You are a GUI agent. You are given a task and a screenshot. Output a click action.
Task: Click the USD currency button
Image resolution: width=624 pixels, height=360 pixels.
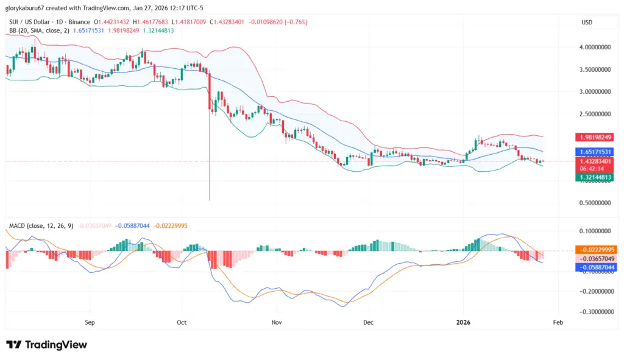[587, 23]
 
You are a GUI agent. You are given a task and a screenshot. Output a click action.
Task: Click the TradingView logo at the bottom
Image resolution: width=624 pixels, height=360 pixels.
[46, 345]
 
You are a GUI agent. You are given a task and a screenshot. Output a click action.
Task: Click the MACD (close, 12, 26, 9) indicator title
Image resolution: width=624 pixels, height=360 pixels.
[41, 225]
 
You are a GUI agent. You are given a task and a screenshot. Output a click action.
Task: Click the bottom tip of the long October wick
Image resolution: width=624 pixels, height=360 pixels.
[209, 200]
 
